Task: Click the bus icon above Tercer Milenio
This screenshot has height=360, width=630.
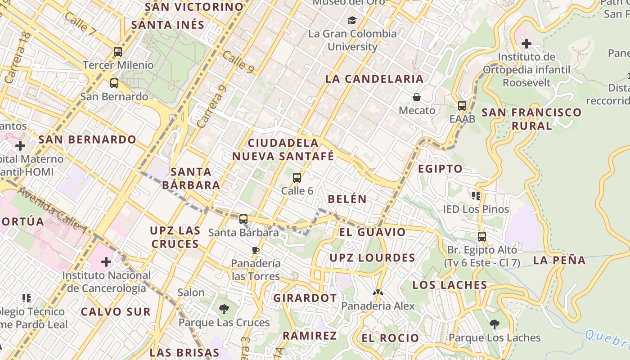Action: pyautogui.click(x=118, y=52)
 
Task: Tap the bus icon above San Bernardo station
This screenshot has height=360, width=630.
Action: pyautogui.click(x=114, y=83)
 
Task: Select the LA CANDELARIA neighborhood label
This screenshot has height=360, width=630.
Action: pyautogui.click(x=374, y=79)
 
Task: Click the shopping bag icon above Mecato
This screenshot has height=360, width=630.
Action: pyautogui.click(x=417, y=97)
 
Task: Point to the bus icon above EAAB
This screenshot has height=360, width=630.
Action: pyautogui.click(x=462, y=106)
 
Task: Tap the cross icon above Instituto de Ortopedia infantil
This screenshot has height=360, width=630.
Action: pyautogui.click(x=526, y=44)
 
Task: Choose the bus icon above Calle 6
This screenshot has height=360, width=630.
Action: pyautogui.click(x=297, y=178)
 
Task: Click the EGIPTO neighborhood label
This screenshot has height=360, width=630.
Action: pyautogui.click(x=440, y=169)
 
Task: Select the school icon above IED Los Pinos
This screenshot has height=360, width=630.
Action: pyautogui.click(x=476, y=196)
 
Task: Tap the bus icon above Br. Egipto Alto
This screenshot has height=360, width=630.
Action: pyautogui.click(x=482, y=236)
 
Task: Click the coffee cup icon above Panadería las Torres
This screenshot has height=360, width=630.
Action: pyautogui.click(x=256, y=250)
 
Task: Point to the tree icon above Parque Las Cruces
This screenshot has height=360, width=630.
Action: pyautogui.click(x=224, y=309)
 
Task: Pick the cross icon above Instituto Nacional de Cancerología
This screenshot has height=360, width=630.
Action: pyautogui.click(x=106, y=261)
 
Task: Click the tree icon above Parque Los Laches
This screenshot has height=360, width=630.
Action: pyautogui.click(x=494, y=324)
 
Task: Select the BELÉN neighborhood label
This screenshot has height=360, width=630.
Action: pyautogui.click(x=347, y=199)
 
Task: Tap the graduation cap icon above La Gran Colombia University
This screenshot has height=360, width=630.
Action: pyautogui.click(x=352, y=21)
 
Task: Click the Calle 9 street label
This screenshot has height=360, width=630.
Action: pyautogui.click(x=238, y=62)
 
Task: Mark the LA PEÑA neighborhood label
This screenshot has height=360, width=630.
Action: pyautogui.click(x=559, y=260)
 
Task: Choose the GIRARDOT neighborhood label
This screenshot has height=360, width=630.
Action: pyautogui.click(x=305, y=298)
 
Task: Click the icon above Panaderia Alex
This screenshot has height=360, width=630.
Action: pyautogui.click(x=378, y=292)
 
